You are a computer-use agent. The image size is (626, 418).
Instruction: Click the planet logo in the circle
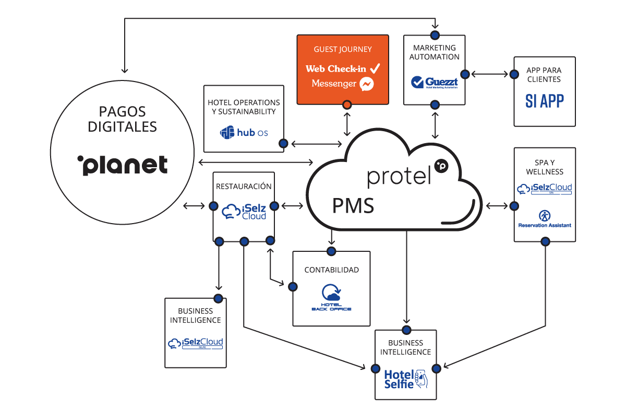click(x=123, y=165)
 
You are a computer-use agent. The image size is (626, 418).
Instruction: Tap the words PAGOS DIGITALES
click(x=123, y=119)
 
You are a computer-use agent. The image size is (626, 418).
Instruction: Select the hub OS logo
click(x=244, y=133)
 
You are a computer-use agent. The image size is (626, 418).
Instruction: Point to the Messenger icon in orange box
click(x=367, y=84)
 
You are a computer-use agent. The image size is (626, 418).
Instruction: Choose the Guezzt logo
click(x=434, y=83)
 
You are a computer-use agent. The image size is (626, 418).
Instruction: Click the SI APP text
click(x=544, y=101)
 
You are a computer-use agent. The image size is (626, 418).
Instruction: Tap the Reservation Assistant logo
click(x=544, y=218)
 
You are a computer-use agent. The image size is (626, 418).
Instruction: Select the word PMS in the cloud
click(x=353, y=206)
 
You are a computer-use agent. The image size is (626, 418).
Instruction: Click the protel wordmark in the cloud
click(x=401, y=176)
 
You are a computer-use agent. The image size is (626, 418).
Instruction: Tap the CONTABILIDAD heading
click(x=331, y=270)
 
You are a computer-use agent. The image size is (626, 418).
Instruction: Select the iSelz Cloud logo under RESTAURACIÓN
click(x=244, y=212)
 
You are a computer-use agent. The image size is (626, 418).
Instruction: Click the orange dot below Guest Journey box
click(x=346, y=106)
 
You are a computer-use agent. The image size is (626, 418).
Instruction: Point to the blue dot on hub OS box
click(x=283, y=143)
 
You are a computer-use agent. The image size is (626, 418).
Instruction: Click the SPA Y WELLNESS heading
click(x=544, y=167)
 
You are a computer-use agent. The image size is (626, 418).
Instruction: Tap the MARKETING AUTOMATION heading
click(x=434, y=52)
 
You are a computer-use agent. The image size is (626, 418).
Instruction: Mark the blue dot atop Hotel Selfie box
click(x=406, y=330)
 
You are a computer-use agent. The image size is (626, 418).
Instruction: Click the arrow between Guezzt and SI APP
click(x=489, y=74)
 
